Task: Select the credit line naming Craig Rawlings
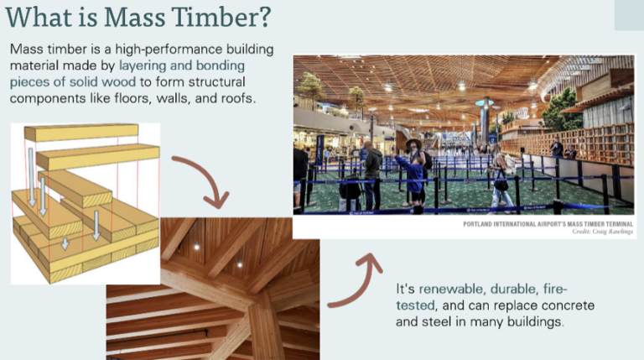click(603, 232)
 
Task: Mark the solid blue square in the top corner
click(628, 14)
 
